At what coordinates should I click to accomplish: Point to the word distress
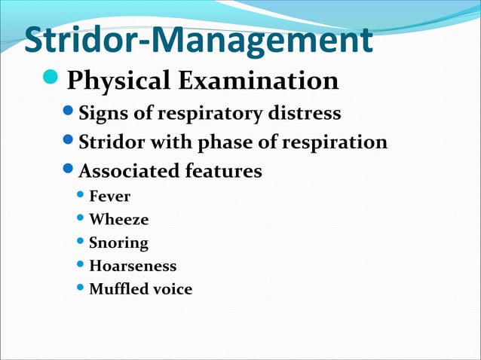pos(305,114)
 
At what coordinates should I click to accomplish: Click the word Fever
pos(109,197)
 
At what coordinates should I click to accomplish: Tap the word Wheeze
pos(118,220)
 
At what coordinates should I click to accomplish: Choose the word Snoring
pos(118,243)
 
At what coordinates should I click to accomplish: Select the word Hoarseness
pos(133,266)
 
